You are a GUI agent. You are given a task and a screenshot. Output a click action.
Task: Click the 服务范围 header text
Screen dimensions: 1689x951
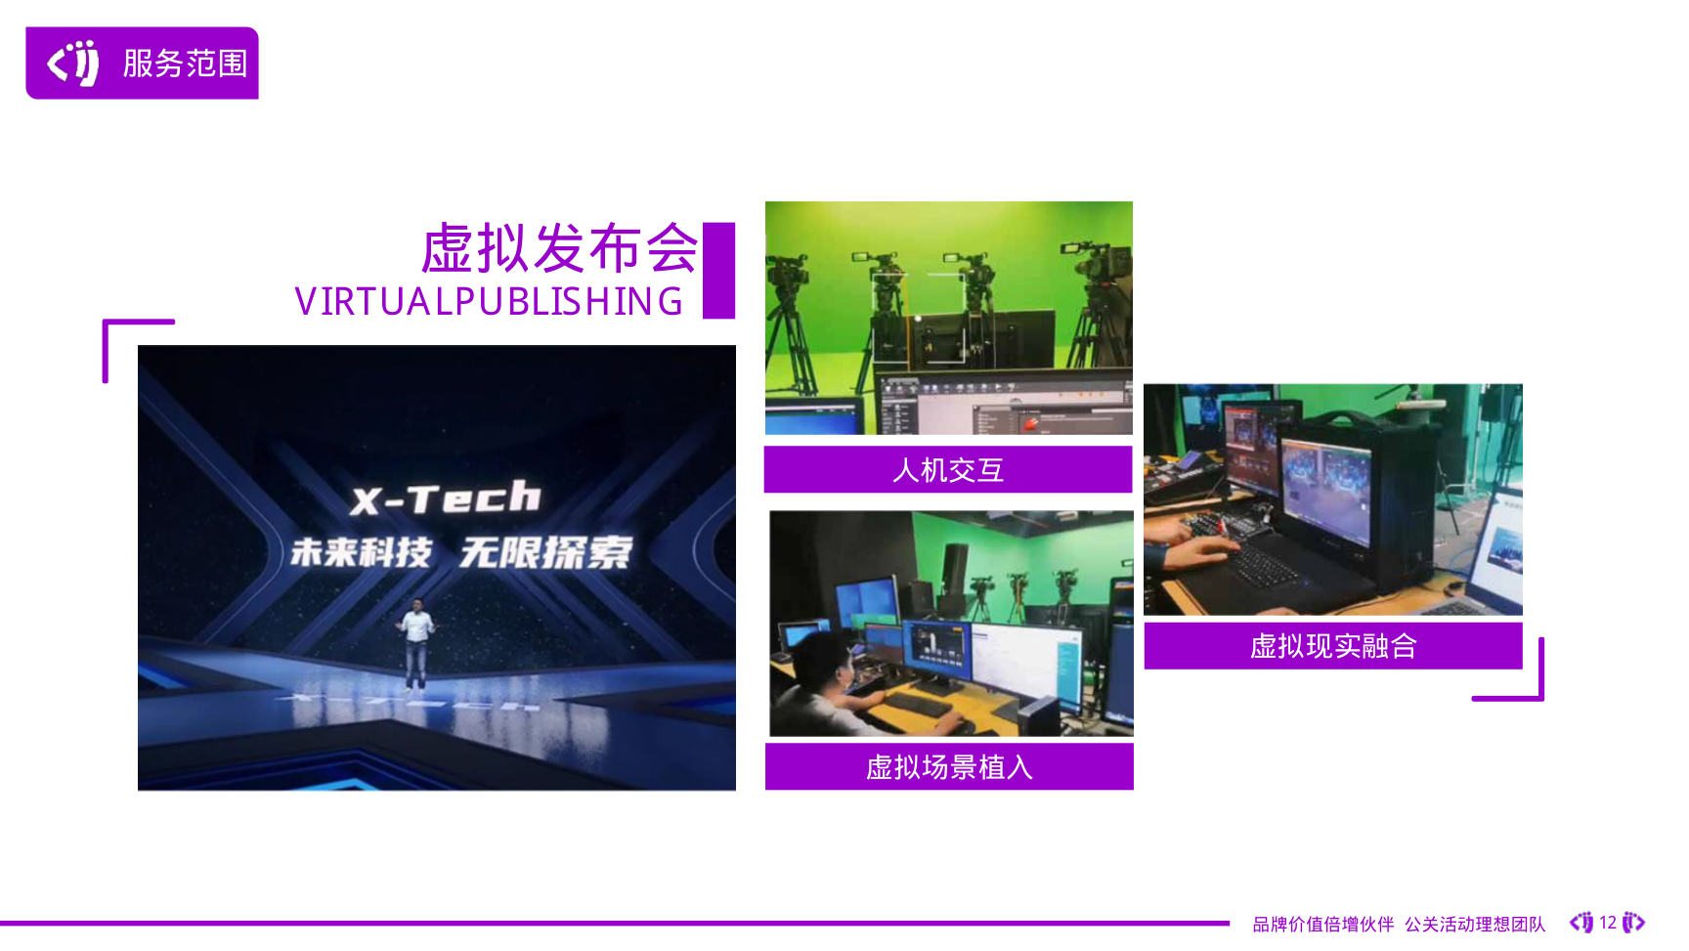pyautogui.click(x=185, y=64)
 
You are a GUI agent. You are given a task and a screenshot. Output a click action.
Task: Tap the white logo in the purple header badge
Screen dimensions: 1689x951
pyautogui.click(x=73, y=64)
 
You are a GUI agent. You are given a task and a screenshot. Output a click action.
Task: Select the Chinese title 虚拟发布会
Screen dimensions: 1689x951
pyautogui.click(x=559, y=248)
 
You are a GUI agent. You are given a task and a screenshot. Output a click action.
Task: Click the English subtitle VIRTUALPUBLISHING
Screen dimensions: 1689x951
pyautogui.click(x=489, y=302)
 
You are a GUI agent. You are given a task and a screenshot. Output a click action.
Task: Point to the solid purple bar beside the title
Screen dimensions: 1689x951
pyautogui.click(x=718, y=271)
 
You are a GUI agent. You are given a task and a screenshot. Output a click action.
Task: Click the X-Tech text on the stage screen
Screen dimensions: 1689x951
pyautogui.click(x=446, y=498)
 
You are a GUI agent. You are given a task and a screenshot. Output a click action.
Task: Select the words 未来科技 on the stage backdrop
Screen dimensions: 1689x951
pyautogui.click(x=361, y=552)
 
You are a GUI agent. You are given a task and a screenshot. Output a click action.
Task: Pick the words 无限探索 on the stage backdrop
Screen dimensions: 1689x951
pyautogui.click(x=546, y=552)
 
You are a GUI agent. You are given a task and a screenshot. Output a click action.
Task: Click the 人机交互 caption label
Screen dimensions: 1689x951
pyautogui.click(x=948, y=470)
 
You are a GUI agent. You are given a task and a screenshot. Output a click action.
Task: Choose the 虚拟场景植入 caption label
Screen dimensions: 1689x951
pyautogui.click(x=949, y=767)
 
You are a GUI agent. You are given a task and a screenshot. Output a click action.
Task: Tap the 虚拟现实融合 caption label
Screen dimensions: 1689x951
pyautogui.click(x=1333, y=646)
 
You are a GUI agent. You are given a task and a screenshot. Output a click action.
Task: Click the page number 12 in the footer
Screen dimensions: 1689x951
pyautogui.click(x=1608, y=923)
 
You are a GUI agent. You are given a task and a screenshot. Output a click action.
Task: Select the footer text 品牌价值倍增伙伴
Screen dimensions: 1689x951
pyautogui.click(x=1323, y=925)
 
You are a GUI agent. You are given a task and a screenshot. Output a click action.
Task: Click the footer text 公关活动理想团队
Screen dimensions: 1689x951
pyautogui.click(x=1475, y=925)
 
